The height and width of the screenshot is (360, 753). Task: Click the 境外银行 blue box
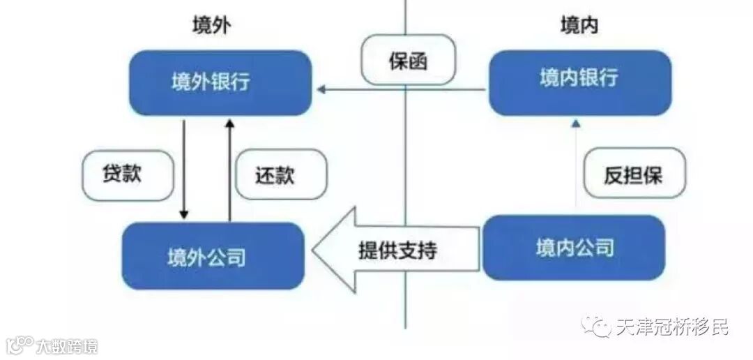(220, 83)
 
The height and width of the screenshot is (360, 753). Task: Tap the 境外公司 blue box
(213, 255)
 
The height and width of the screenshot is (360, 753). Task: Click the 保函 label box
(408, 61)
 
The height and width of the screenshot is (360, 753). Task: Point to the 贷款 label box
(127, 174)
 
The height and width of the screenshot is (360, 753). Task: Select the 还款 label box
(281, 174)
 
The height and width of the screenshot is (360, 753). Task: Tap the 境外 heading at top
(211, 26)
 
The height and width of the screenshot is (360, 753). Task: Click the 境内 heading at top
(579, 26)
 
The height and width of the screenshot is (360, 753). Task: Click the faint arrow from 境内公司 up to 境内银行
(576, 164)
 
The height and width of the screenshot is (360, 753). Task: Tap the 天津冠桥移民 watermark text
(671, 326)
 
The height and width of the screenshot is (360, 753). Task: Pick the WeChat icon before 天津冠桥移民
(598, 326)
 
